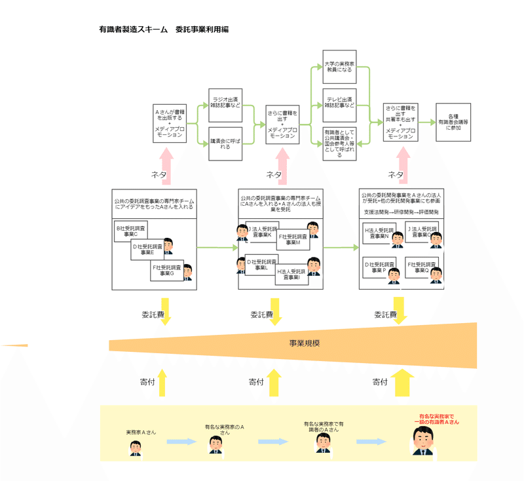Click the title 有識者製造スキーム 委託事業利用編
pos(163,29)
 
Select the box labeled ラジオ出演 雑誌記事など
pos(225,102)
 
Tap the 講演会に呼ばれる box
pos(225,144)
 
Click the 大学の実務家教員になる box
pos(339,67)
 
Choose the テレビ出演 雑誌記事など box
pos(339,105)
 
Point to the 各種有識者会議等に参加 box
pos(454,123)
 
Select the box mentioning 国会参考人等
pos(339,144)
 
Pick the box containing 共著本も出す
pos(401,122)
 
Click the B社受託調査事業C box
pos(131,231)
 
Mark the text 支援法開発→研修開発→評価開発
pos(401,212)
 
